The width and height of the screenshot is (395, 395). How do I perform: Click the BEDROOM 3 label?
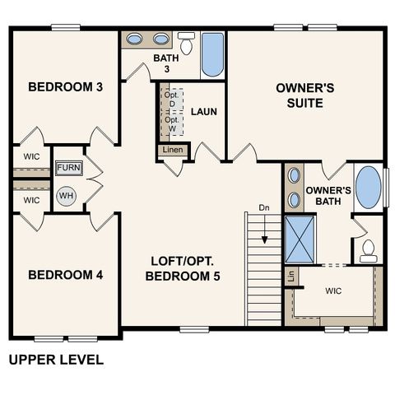tap(65, 86)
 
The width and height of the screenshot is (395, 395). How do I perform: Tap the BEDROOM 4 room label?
tap(65, 275)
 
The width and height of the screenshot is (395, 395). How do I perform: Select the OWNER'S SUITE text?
tap(305, 95)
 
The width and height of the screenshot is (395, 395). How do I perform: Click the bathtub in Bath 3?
tap(212, 54)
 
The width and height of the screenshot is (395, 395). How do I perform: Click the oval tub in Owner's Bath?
tap(369, 188)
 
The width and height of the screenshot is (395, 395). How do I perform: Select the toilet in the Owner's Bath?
tap(368, 249)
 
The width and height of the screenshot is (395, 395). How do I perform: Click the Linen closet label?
tap(173, 150)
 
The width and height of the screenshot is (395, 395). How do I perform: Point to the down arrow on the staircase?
tap(264, 236)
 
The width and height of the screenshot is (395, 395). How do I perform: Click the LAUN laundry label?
tap(203, 110)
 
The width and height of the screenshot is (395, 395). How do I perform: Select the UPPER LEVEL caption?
tap(56, 360)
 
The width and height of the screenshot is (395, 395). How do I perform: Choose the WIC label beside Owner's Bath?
tap(334, 291)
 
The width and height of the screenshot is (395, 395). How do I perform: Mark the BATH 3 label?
tap(165, 64)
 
